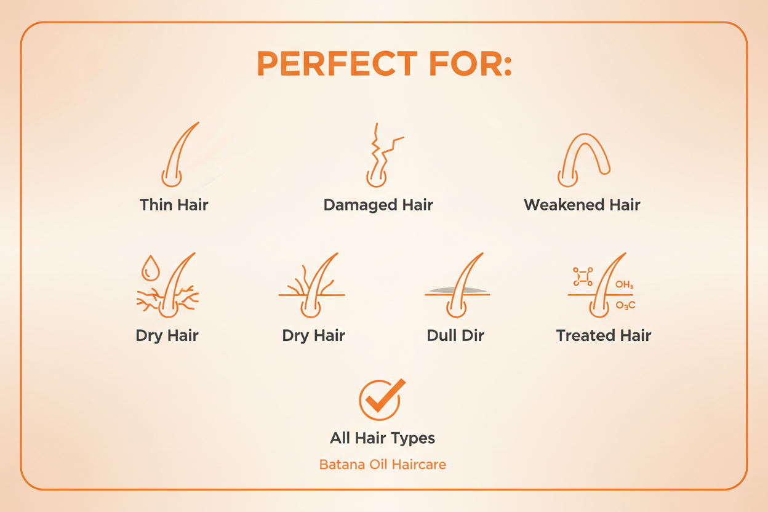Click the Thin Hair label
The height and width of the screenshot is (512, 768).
(174, 204)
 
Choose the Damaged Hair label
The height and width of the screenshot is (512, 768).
(378, 205)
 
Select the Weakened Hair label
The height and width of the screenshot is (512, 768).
(582, 205)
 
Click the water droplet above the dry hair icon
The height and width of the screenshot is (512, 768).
(150, 268)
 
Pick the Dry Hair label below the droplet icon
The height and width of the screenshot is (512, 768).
(167, 335)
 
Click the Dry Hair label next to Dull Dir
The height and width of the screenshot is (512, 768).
(313, 335)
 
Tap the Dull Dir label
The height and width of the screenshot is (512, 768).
(455, 335)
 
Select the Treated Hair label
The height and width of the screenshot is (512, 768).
(603, 335)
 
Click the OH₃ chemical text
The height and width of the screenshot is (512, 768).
(624, 286)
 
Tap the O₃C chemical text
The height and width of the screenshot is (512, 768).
(625, 305)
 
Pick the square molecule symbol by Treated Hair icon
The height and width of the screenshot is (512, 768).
(582, 276)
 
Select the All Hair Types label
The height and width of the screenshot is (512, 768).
(383, 438)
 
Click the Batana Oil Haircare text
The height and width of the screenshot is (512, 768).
(383, 465)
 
